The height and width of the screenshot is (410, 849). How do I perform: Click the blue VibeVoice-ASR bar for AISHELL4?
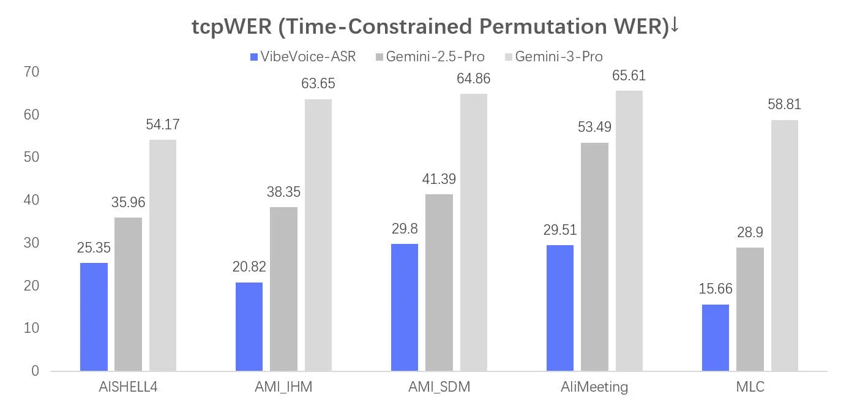pyautogui.click(x=94, y=317)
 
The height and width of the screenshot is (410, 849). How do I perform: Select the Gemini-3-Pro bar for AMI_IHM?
pyautogui.click(x=318, y=235)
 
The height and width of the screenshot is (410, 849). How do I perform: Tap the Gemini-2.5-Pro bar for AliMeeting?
pyautogui.click(x=595, y=257)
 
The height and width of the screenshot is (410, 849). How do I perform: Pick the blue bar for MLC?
pyautogui.click(x=716, y=338)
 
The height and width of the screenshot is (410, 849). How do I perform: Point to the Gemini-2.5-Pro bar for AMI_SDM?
pyautogui.click(x=439, y=283)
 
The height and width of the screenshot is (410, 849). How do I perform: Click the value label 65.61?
pyautogui.click(x=629, y=75)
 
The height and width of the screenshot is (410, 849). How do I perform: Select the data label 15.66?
pyautogui.click(x=716, y=289)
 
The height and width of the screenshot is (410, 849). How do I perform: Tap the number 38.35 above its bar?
pyautogui.click(x=283, y=192)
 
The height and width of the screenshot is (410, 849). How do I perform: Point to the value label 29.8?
pyautogui.click(x=405, y=229)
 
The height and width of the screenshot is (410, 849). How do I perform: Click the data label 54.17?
pyautogui.click(x=163, y=124)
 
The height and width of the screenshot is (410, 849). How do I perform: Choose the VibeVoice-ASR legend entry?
pyautogui.click(x=303, y=56)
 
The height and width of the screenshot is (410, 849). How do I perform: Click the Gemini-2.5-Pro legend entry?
pyautogui.click(x=430, y=56)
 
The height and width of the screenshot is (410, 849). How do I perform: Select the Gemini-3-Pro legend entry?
pyautogui.click(x=554, y=56)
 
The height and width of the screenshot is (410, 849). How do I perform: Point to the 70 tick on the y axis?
pyautogui.click(x=31, y=72)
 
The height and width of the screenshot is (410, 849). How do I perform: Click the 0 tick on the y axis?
pyautogui.click(x=36, y=371)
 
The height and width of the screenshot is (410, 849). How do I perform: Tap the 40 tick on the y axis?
pyautogui.click(x=31, y=200)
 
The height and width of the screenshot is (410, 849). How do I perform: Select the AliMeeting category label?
pyautogui.click(x=594, y=387)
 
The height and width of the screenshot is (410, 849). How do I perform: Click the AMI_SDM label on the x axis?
pyautogui.click(x=439, y=387)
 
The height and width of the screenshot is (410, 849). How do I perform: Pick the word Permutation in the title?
pyautogui.click(x=543, y=27)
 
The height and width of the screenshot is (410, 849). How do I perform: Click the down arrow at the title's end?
pyautogui.click(x=675, y=25)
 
